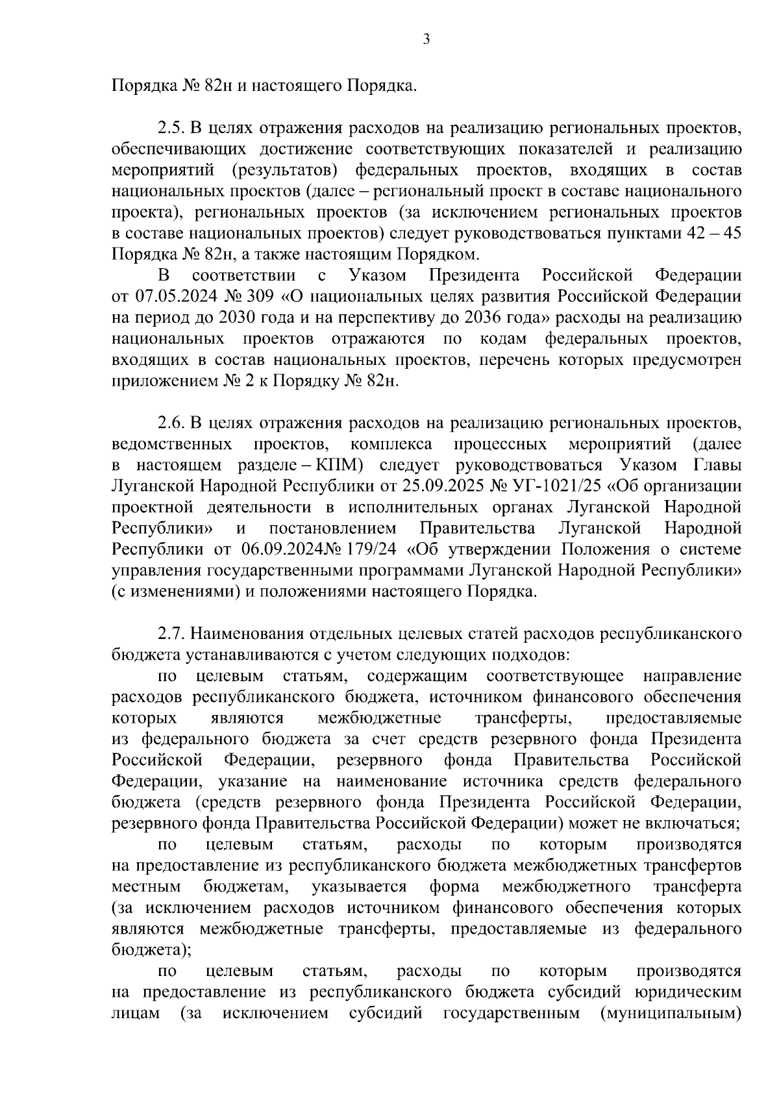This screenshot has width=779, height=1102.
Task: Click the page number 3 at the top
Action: point(426,40)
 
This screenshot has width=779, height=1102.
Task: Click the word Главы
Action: point(719,465)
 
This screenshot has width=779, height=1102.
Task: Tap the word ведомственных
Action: point(172,444)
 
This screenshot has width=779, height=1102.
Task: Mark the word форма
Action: point(454,886)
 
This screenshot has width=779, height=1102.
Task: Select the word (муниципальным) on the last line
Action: point(671,1012)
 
